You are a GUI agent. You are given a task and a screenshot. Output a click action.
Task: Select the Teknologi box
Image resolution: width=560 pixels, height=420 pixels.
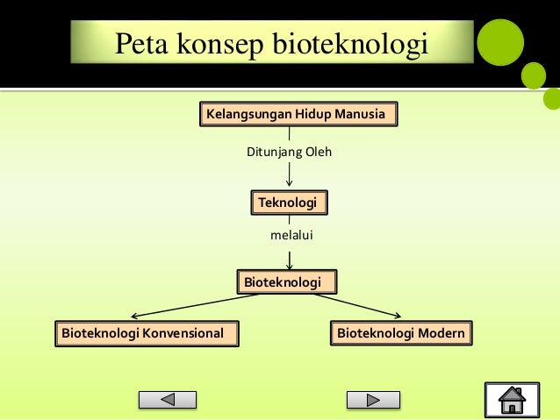pyautogui.click(x=289, y=203)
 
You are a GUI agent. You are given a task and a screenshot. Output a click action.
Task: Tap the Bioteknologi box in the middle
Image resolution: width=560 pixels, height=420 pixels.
pyautogui.click(x=287, y=281)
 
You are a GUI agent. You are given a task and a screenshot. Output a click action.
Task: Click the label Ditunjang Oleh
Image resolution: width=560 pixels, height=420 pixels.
pyautogui.click(x=289, y=153)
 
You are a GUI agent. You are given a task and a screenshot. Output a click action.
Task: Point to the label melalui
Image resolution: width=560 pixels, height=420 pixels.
pyautogui.click(x=291, y=236)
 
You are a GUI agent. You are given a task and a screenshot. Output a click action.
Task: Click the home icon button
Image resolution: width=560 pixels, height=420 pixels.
pyautogui.click(x=512, y=400)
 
